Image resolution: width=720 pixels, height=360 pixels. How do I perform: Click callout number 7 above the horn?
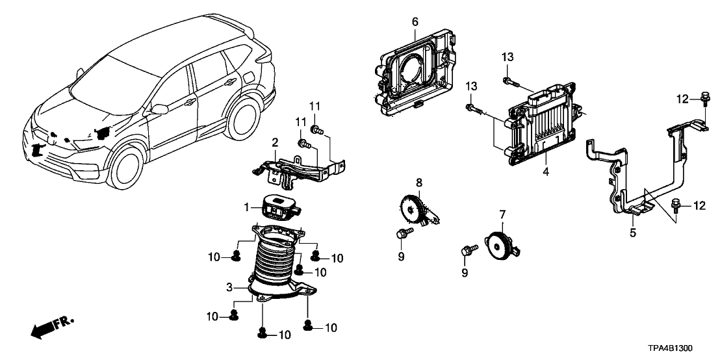502,214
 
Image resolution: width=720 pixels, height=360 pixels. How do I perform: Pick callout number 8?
419,183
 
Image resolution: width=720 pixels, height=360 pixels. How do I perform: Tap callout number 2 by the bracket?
275,142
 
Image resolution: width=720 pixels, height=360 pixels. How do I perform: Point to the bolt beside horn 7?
468,250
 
